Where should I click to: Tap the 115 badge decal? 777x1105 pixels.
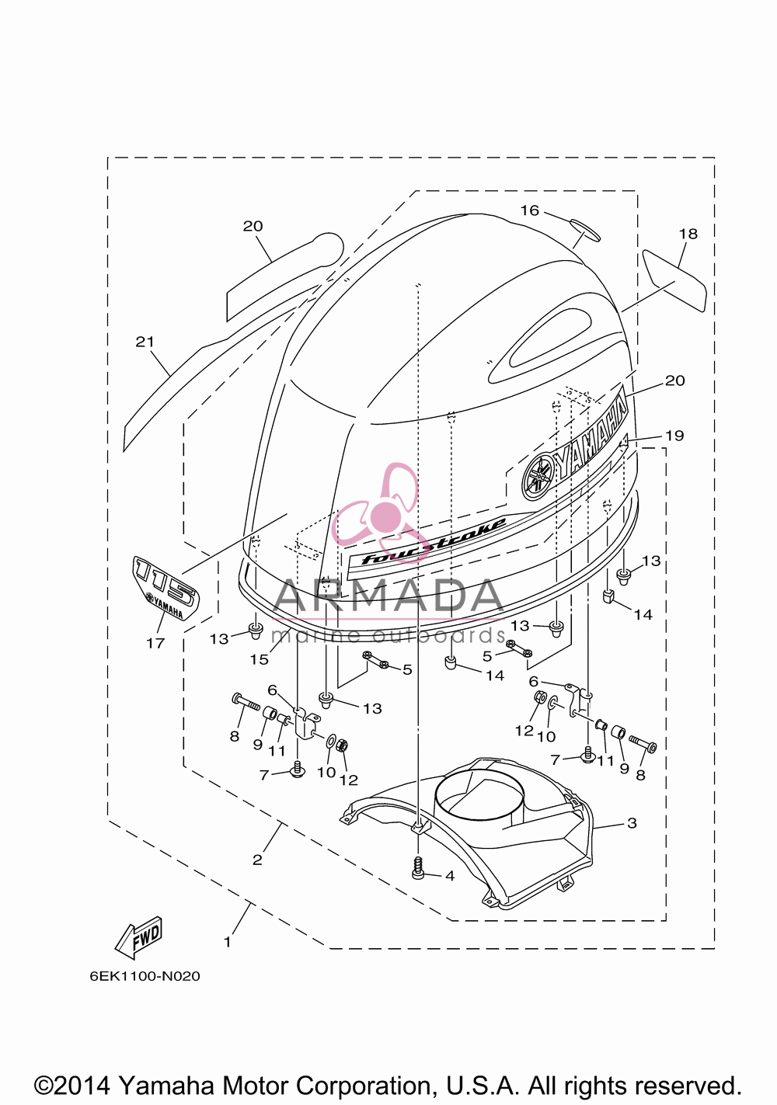(x=166, y=588)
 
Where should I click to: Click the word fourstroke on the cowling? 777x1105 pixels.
(x=434, y=541)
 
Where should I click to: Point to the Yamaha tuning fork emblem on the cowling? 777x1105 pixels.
(x=539, y=474)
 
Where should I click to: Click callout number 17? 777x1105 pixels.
(x=155, y=643)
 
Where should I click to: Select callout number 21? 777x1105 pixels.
(x=145, y=342)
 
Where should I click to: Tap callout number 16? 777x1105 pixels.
(x=530, y=210)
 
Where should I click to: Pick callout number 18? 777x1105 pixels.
(x=688, y=233)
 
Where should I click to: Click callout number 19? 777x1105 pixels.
(x=674, y=436)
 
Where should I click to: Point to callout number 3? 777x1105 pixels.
(x=632, y=823)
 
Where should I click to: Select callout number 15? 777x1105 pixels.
(x=260, y=659)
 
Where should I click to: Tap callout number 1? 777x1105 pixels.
(x=228, y=942)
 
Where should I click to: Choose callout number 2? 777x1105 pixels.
(x=257, y=860)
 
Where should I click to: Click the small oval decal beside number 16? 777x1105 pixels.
(x=585, y=230)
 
